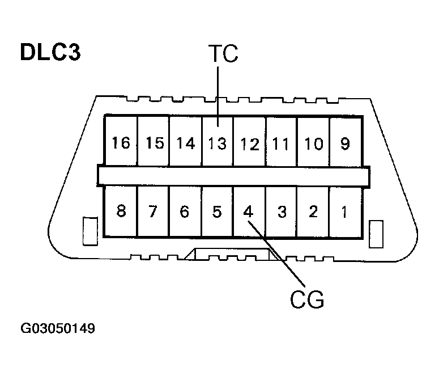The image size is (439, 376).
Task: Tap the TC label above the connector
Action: pyautogui.click(x=223, y=54)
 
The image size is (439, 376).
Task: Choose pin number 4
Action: pyautogui.click(x=248, y=212)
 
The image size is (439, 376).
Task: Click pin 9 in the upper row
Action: pyautogui.click(x=345, y=143)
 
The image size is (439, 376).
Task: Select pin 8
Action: pyautogui.click(x=121, y=212)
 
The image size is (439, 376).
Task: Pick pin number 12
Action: pyautogui.click(x=249, y=143)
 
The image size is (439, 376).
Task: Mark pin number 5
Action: pyautogui.click(x=216, y=212)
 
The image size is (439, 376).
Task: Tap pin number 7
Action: pyautogui.click(x=152, y=212)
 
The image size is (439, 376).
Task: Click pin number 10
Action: pyautogui.click(x=313, y=143)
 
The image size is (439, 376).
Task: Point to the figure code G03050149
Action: pyautogui.click(x=58, y=328)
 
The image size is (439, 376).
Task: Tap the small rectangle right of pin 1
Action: pyautogui.click(x=374, y=234)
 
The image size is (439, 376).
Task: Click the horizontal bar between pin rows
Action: pyautogui.click(x=233, y=176)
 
